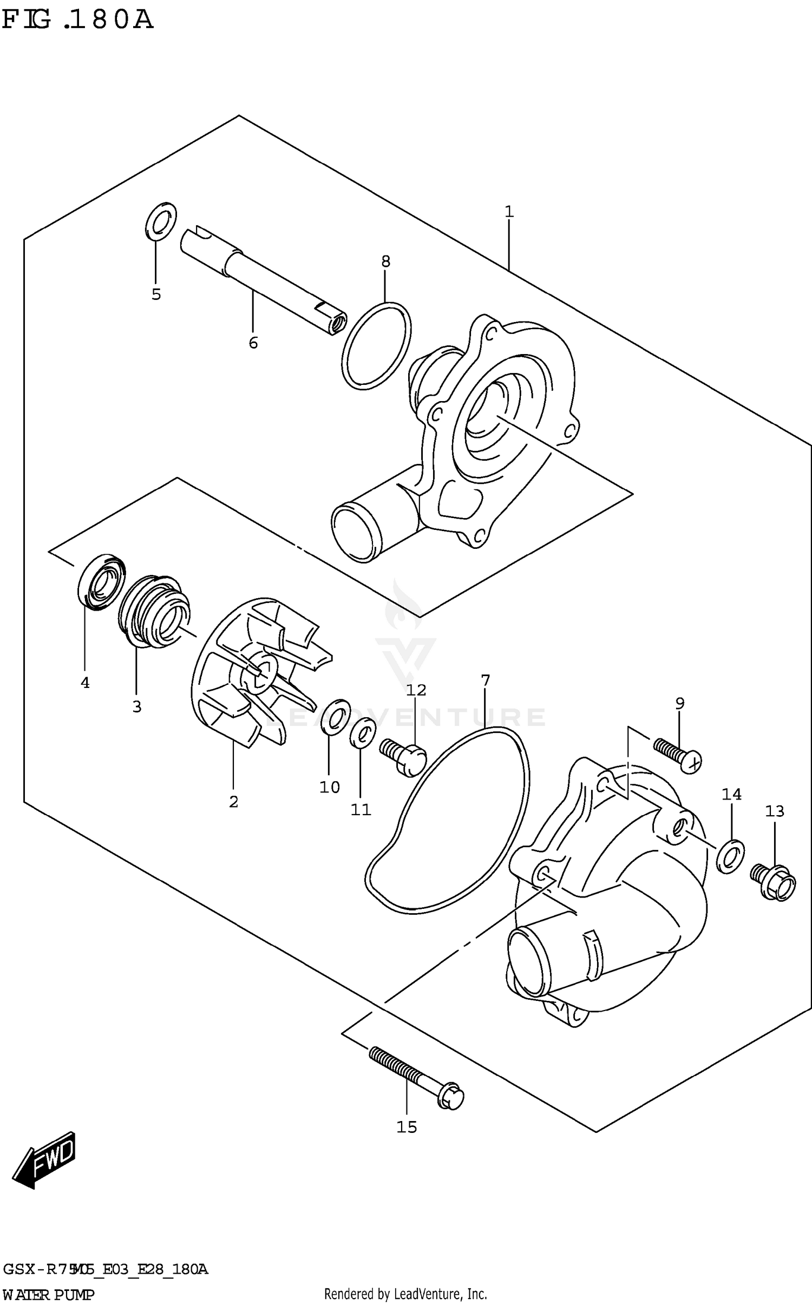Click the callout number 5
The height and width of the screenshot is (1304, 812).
156,294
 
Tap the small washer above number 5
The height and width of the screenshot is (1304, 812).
161,221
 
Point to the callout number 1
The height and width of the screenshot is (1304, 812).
509,212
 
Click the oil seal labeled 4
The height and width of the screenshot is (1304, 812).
101,582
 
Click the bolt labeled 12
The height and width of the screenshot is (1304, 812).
404,755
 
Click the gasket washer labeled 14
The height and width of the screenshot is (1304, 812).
730,855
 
